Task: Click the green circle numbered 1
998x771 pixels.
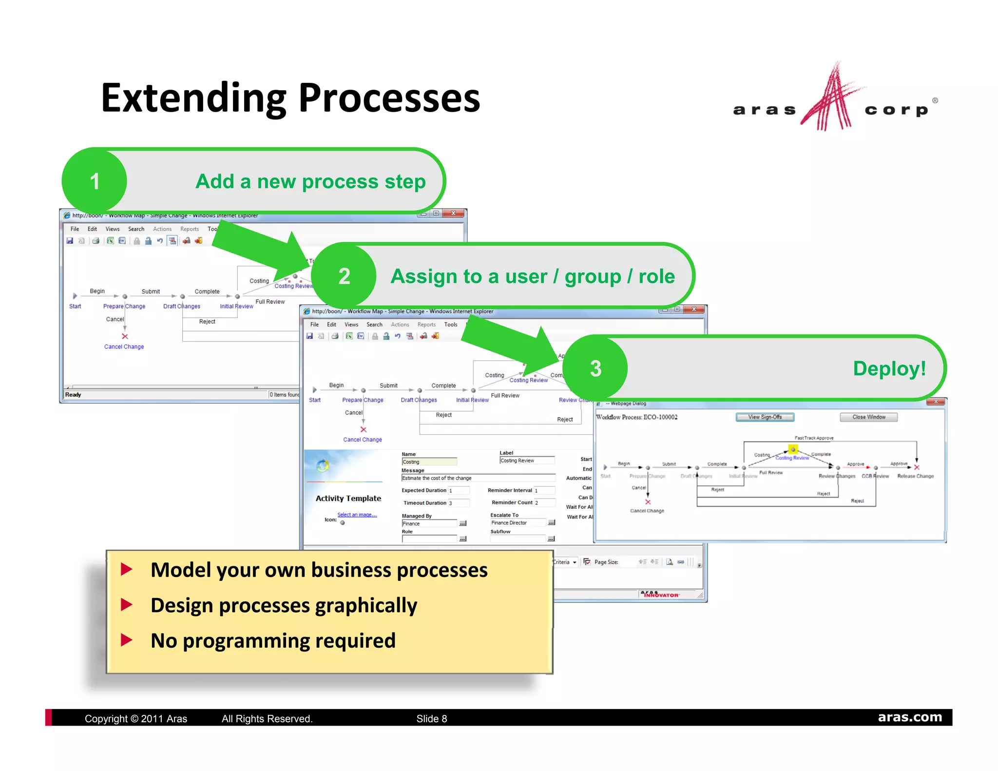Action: point(95,181)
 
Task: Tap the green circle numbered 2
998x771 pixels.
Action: point(344,276)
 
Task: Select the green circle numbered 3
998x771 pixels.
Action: point(595,368)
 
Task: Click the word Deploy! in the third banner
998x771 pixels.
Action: point(889,368)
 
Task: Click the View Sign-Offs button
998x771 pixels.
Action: point(765,417)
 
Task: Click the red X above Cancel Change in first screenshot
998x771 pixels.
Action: point(125,336)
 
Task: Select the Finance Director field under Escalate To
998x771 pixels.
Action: point(518,523)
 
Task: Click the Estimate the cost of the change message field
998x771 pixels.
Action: point(478,478)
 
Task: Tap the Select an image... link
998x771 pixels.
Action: point(357,515)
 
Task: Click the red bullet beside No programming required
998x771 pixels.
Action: point(127,640)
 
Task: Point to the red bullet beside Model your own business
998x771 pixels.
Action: point(127,569)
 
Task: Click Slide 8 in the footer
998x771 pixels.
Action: point(431,718)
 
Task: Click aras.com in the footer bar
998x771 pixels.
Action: point(909,717)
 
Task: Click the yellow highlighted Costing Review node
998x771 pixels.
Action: point(793,449)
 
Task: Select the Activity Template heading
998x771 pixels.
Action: point(348,498)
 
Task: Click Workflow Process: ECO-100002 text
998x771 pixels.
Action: point(636,417)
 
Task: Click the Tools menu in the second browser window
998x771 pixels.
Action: point(450,325)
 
